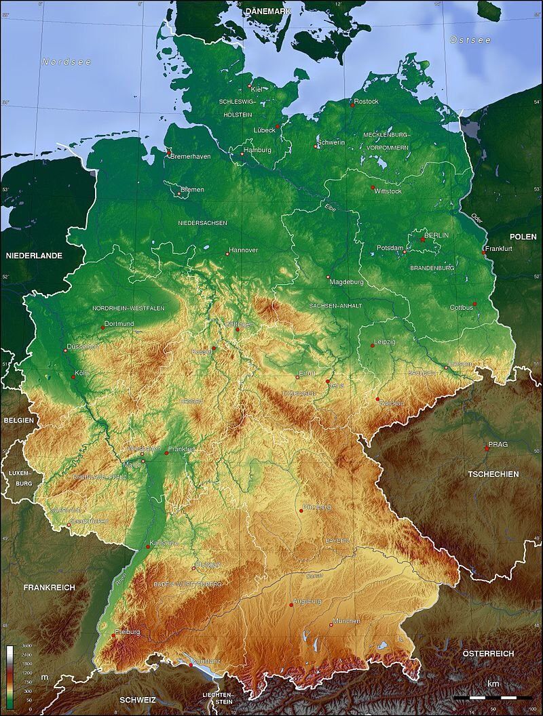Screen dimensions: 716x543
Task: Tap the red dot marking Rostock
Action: [353, 104]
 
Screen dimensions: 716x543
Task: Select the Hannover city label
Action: [244, 250]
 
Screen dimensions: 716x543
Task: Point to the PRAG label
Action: [498, 444]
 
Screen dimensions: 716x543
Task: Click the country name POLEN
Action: [523, 237]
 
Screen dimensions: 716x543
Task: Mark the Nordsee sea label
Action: [67, 62]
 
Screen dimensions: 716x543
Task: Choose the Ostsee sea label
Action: [470, 40]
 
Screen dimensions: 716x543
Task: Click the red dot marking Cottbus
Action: [475, 304]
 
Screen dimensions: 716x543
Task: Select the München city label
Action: [346, 620]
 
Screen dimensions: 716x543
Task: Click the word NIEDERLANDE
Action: [34, 256]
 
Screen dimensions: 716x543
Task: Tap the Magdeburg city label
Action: [346, 281]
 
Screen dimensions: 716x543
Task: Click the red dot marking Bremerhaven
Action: [169, 153]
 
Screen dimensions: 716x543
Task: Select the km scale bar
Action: [493, 697]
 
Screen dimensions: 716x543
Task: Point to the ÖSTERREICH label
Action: [488, 653]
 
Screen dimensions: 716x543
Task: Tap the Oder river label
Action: [477, 218]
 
